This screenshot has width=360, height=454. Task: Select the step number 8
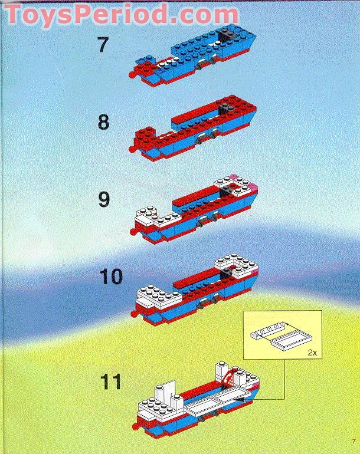[103, 122]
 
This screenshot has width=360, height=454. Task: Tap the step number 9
[103, 200]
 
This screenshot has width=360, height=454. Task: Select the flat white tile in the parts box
[293, 341]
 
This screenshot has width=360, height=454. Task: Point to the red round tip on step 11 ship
[136, 425]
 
